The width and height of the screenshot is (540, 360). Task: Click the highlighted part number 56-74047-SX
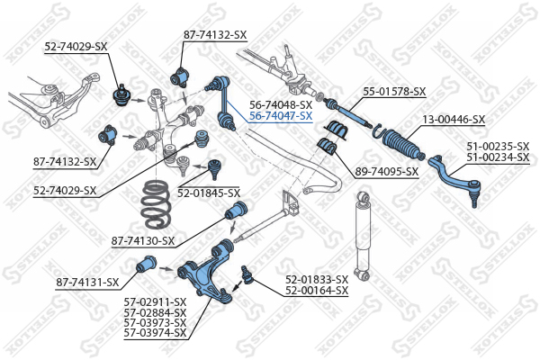[280, 116]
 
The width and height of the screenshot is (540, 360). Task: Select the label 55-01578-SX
[394, 92]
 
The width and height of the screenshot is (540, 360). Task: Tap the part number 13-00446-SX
[454, 120]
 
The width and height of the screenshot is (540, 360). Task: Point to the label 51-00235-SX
[498, 146]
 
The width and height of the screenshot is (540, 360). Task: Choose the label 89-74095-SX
[386, 171]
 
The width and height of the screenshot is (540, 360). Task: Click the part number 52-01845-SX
[208, 193]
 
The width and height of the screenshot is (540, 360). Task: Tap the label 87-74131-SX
[87, 283]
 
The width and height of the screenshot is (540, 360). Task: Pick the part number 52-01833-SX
[316, 280]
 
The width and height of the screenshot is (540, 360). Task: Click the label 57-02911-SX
[155, 301]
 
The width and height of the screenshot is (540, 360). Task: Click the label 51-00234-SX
[498, 157]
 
